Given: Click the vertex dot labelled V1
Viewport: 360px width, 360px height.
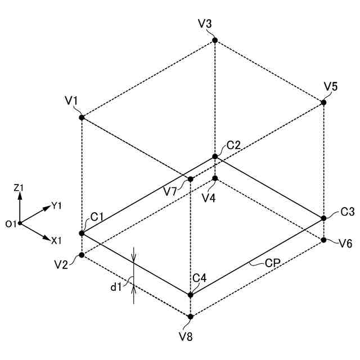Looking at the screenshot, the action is (82, 118).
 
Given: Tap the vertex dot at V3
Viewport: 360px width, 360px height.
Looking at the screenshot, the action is (215, 40).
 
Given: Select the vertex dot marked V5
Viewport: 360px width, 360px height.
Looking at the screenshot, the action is (323, 102).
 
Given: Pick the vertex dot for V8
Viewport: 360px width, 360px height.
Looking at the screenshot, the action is (191, 317).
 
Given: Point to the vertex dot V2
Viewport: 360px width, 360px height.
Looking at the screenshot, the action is (82, 255).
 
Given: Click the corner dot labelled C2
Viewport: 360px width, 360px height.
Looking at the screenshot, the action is (215, 156).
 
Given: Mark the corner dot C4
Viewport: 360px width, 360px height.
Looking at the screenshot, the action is (191, 295).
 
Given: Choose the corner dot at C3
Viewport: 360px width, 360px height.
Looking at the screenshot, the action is (324, 218).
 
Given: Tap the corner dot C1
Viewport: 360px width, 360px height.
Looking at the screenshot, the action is (82, 233).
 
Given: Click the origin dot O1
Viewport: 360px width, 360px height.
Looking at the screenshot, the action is (20, 223).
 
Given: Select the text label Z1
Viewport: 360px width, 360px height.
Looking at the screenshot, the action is (19, 187).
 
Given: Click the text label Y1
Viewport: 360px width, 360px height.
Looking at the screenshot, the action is (56, 206).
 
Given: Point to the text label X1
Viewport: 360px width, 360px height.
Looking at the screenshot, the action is (56, 241).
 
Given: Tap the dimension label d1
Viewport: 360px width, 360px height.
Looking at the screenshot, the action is (116, 287).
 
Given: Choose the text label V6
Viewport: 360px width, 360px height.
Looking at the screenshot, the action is (346, 243).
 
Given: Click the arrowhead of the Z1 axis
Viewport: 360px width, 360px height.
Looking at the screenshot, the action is (20, 195).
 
